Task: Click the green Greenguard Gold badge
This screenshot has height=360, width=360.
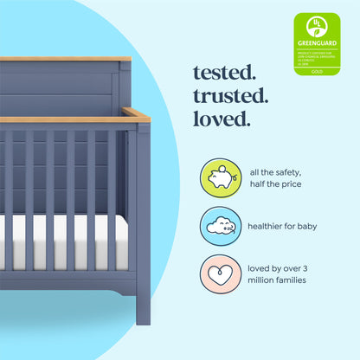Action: coord(317,44)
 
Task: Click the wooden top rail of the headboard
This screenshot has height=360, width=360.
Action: coord(65,59)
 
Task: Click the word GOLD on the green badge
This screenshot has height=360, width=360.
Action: coord(317,72)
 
